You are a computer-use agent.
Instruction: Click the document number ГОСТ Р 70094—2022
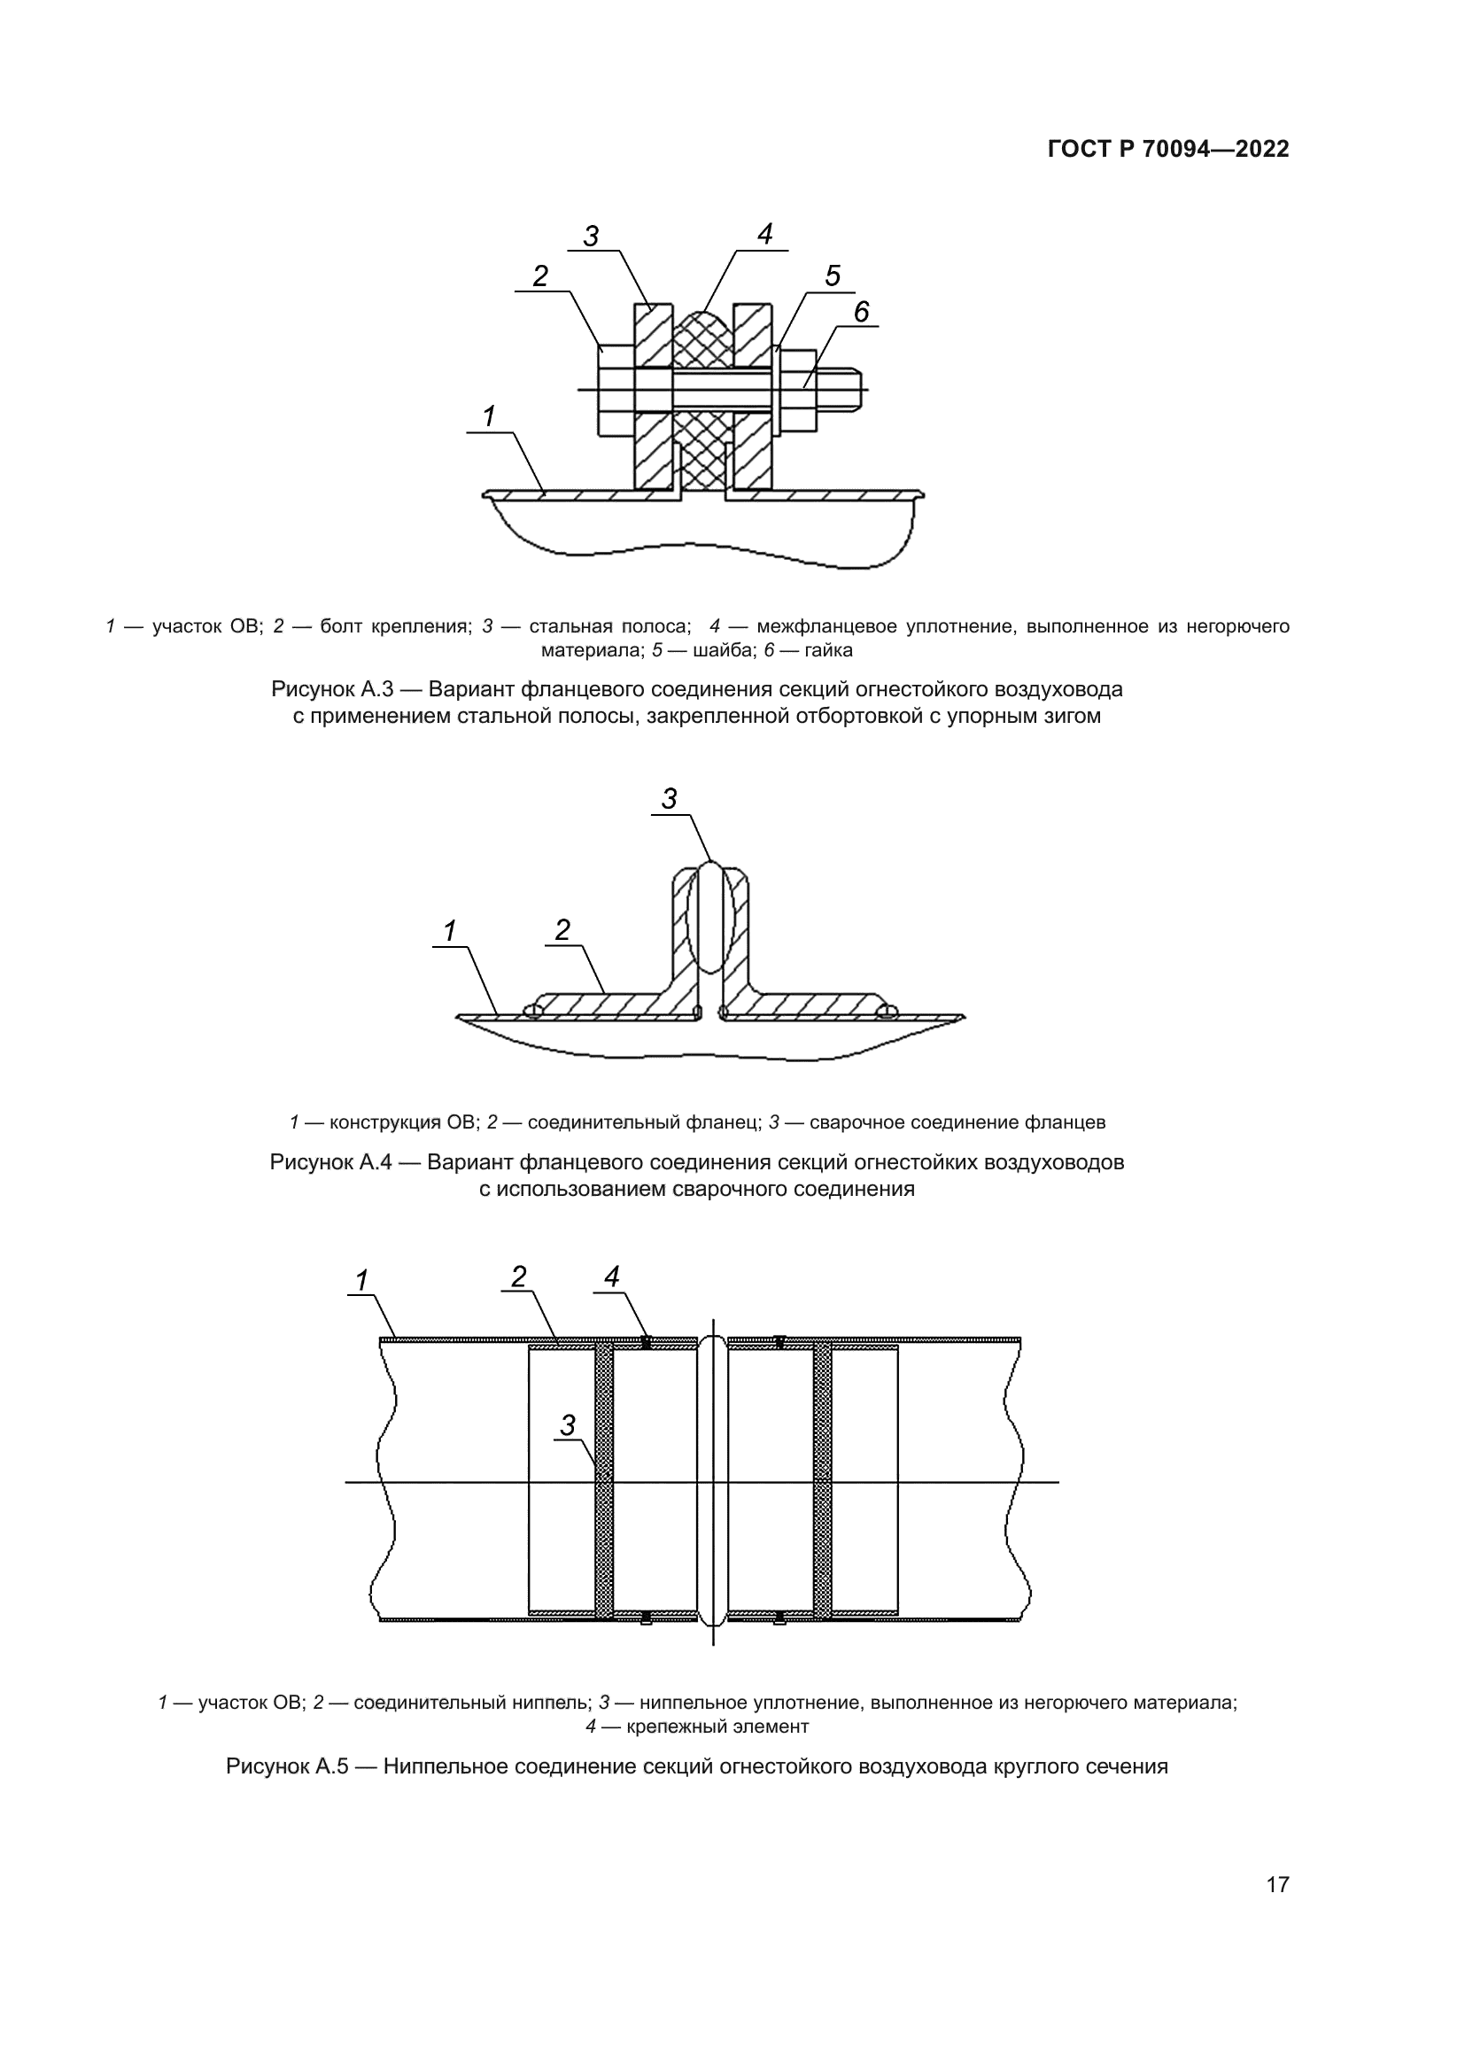coord(1167,150)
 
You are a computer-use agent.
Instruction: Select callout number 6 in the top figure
coord(861,312)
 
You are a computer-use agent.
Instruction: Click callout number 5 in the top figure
coord(832,275)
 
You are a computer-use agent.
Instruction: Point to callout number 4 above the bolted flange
coord(764,235)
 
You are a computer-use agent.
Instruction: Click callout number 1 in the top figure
coord(489,417)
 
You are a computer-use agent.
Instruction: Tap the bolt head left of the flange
coord(616,390)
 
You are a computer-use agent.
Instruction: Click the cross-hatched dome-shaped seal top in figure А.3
coord(702,331)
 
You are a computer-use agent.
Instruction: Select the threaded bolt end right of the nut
coord(840,388)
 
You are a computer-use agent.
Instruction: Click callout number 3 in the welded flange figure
coord(669,799)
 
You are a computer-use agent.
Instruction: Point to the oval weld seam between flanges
coord(711,916)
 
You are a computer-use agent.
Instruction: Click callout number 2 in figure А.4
coord(562,930)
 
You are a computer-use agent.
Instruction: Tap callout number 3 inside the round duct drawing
coord(568,1426)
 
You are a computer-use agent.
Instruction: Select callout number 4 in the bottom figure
coord(612,1277)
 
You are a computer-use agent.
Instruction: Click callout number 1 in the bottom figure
coord(361,1280)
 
